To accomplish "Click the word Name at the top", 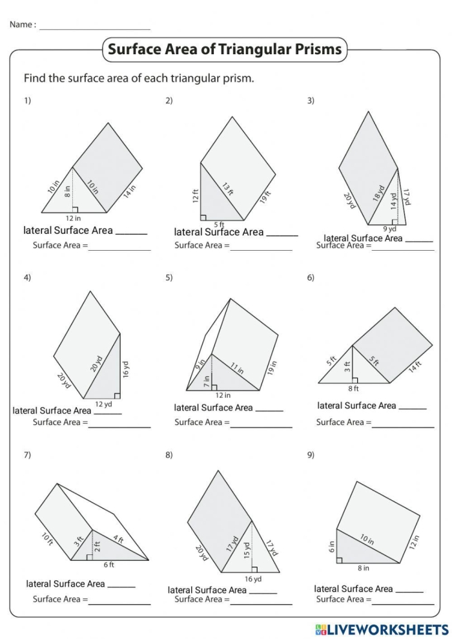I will pos(21,25).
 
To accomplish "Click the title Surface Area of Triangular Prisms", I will pos(225,49).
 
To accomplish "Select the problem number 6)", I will pos(311,278).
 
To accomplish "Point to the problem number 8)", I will pos(169,455).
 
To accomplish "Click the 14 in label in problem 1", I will pos(131,191).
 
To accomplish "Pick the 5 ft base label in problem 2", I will pos(219,224).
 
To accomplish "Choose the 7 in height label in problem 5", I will pos(206,381).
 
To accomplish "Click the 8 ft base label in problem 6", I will pos(353,388).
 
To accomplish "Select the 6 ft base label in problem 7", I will pos(108,564).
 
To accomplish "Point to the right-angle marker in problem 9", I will pos(340,560).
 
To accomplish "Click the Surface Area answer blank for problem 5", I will pos(261,423).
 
